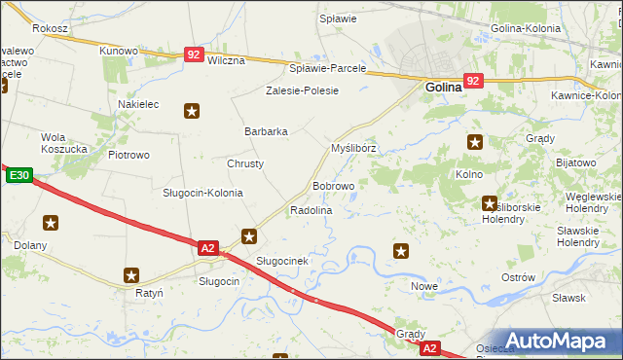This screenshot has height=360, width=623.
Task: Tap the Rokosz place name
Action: pyautogui.click(x=49, y=29)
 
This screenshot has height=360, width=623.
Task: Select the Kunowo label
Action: pyautogui.click(x=119, y=50)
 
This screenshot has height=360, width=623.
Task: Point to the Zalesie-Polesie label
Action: pyautogui.click(x=303, y=90)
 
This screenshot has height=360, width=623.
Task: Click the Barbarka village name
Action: pyautogui.click(x=266, y=131)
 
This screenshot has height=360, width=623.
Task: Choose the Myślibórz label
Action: pyautogui.click(x=353, y=148)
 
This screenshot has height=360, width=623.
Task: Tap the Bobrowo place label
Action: pyautogui.click(x=333, y=185)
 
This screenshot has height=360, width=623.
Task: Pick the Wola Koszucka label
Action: pyautogui.click(x=66, y=143)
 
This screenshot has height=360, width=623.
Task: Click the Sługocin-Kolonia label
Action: pyautogui.click(x=202, y=192)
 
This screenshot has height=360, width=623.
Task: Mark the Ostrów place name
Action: pyautogui.click(x=518, y=277)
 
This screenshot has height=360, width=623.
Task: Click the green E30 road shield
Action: pyautogui.click(x=19, y=176)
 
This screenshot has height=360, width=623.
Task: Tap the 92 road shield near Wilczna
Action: pyautogui.click(x=194, y=56)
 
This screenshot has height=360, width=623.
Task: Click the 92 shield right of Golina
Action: pyautogui.click(x=473, y=81)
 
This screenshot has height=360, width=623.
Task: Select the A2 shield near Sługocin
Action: pyautogui.click(x=207, y=248)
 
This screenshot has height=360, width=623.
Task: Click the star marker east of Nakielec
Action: pyautogui.click(x=192, y=111)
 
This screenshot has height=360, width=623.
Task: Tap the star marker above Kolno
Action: pyautogui.click(x=474, y=142)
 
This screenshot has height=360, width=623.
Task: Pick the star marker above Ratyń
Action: pyautogui.click(x=131, y=275)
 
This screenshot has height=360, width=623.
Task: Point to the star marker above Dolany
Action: pyautogui.click(x=50, y=223)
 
